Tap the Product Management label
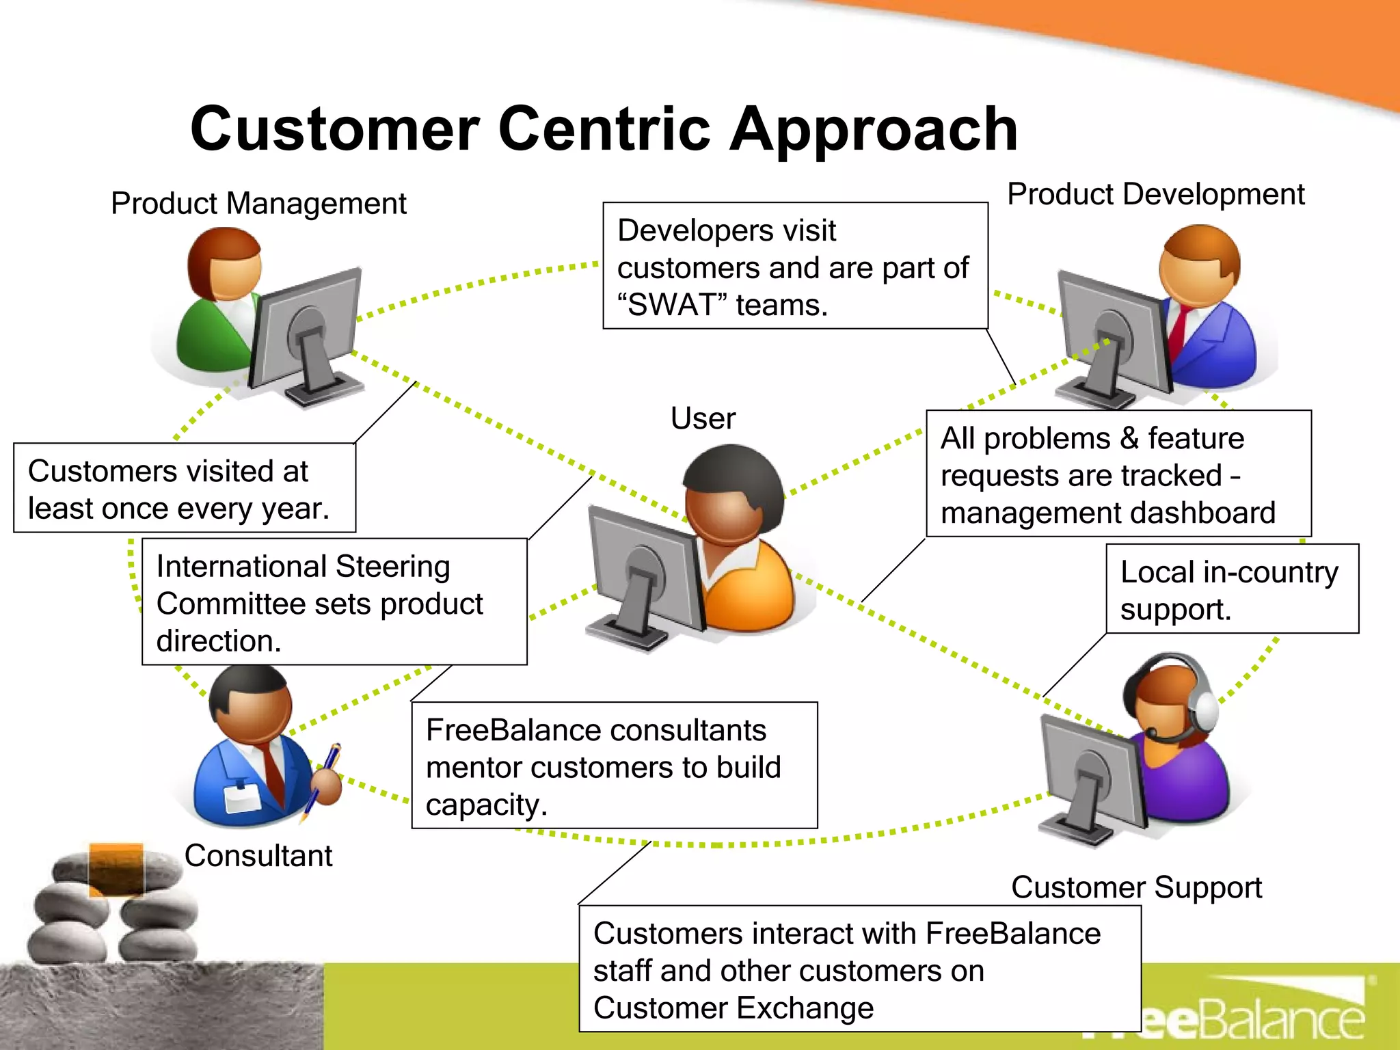[x=258, y=204]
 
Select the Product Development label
[x=1155, y=194]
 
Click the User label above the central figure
[x=703, y=418]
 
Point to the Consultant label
[x=258, y=856]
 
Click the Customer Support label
[x=1136, y=887]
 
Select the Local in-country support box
[x=1232, y=589]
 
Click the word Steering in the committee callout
[x=392, y=567]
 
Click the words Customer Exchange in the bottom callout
[x=733, y=1008]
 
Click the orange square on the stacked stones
[x=116, y=868]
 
